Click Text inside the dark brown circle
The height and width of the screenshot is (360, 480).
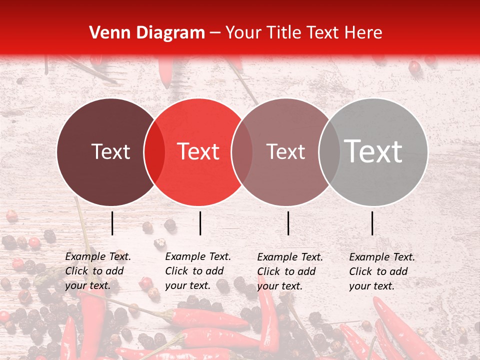(110, 151)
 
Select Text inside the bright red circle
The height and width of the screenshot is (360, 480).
(198, 151)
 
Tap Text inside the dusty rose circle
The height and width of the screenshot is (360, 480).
(285, 151)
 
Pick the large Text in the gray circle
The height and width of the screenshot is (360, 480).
(373, 151)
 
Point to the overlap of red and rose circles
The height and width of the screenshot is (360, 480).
(241, 152)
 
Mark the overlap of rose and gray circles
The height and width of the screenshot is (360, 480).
(329, 152)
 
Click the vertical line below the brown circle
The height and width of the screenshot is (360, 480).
(112, 223)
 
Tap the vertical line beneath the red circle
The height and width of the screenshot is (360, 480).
(200, 223)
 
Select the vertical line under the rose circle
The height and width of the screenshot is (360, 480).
(288, 223)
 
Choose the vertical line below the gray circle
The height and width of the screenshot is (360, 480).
(372, 223)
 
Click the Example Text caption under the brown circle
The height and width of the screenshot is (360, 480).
(98, 271)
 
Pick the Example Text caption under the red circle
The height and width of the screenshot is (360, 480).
(198, 271)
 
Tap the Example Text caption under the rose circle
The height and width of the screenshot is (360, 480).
(290, 271)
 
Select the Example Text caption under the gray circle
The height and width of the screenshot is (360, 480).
(382, 271)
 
